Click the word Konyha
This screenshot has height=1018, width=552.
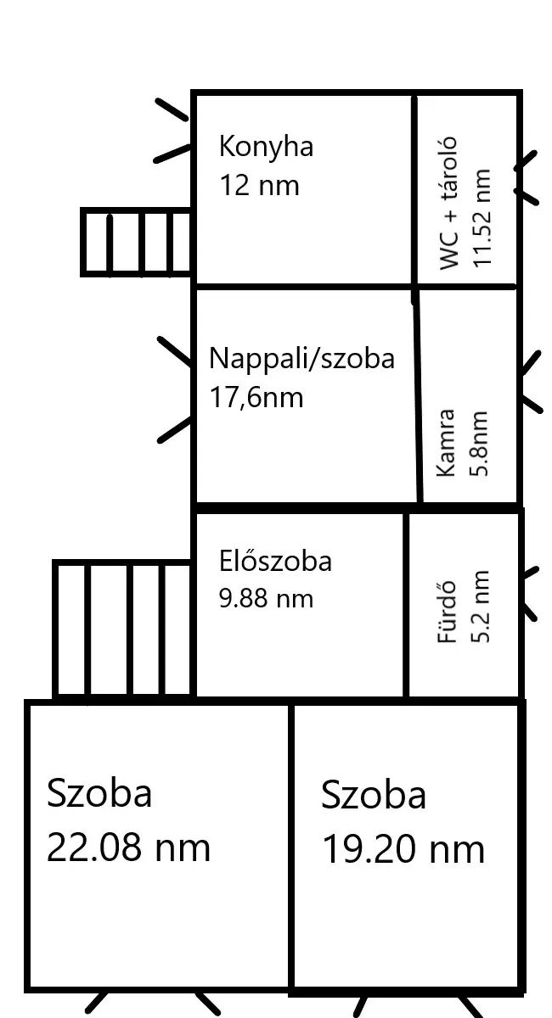click(x=266, y=148)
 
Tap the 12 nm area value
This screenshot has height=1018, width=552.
click(x=259, y=186)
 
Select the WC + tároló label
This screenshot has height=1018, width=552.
click(x=448, y=203)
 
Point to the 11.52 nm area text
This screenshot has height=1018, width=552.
click(x=482, y=218)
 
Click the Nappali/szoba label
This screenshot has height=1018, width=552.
click(x=301, y=358)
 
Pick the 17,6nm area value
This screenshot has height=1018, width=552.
click(x=256, y=397)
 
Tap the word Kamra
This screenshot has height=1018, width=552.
click(x=446, y=443)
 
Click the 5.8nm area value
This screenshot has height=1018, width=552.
click(x=479, y=444)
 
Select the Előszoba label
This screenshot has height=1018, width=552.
click(x=275, y=561)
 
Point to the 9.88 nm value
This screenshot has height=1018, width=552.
click(x=266, y=598)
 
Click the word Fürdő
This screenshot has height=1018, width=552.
click(x=446, y=612)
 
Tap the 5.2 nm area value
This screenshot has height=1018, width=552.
click(x=480, y=607)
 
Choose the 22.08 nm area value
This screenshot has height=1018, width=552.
click(x=129, y=847)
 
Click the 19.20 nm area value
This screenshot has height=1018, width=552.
click(x=403, y=848)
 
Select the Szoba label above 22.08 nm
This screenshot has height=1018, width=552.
click(x=99, y=793)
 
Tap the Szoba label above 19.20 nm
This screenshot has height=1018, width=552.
click(x=374, y=795)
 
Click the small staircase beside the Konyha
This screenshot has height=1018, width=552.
click(x=136, y=243)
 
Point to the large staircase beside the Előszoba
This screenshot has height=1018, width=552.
click(x=122, y=630)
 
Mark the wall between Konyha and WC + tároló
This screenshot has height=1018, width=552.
click(x=414, y=191)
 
